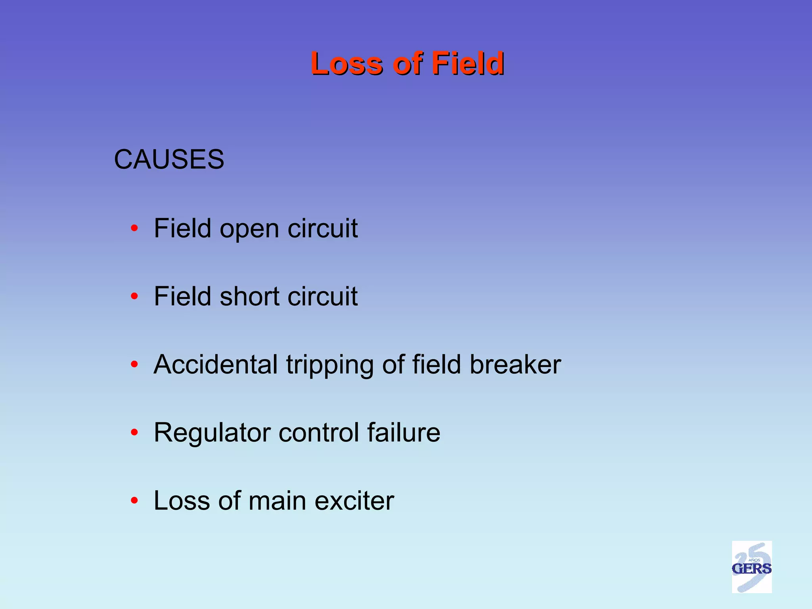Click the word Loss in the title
(x=347, y=63)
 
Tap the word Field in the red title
(x=467, y=63)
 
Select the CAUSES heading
(x=169, y=159)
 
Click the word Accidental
(x=215, y=364)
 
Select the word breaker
(x=515, y=364)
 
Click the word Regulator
(x=212, y=433)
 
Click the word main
(x=277, y=500)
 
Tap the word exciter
(x=354, y=500)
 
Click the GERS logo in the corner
(x=751, y=567)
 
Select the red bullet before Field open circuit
(x=134, y=228)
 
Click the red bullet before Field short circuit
(x=134, y=296)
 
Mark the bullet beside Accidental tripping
(x=134, y=364)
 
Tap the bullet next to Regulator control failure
(x=134, y=432)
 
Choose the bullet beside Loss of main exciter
(x=134, y=500)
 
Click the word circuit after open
(x=322, y=228)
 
